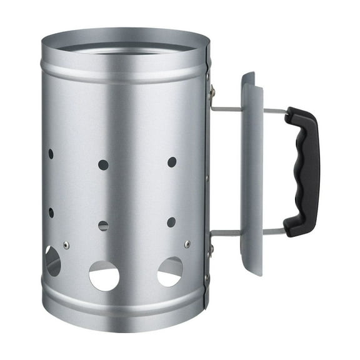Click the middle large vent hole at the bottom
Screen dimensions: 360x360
tap(104, 276)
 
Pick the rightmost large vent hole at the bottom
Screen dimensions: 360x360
tap(170, 271)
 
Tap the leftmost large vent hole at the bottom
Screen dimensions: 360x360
tap(52, 261)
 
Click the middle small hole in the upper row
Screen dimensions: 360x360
tap(103, 165)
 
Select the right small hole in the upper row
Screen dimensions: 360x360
tap(172, 162)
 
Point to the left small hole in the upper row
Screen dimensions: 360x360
tap(51, 154)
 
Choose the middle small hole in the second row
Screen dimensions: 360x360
tap(103, 226)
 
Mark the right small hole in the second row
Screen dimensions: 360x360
tap(171, 222)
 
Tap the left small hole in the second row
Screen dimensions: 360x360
tap(51, 212)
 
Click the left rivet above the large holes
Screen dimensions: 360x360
tap(66, 245)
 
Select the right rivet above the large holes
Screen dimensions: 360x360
tap(187, 244)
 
